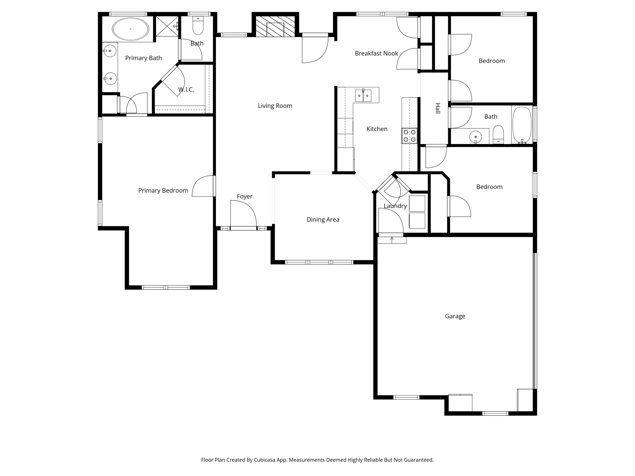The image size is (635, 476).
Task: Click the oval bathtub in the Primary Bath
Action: [131, 29]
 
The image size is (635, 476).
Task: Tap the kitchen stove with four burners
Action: [409, 136]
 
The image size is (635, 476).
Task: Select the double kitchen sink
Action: [363, 96]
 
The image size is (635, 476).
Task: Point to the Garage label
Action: [455, 316]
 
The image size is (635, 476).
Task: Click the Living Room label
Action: [275, 106]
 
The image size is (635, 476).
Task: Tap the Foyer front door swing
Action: [243, 214]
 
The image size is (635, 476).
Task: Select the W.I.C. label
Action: [186, 89]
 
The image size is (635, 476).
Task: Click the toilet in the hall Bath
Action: [498, 134]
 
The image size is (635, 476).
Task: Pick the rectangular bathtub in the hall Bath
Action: [522, 125]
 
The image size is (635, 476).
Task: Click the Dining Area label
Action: [323, 220]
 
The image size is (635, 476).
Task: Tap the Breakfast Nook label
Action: [376, 53]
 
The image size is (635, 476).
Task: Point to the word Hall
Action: [438, 109]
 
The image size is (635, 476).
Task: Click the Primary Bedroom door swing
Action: [203, 186]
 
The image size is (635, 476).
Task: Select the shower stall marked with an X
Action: [167, 26]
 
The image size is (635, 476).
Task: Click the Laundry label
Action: [395, 206]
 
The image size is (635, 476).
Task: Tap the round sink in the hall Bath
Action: [476, 137]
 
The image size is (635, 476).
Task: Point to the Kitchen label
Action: [377, 129]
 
